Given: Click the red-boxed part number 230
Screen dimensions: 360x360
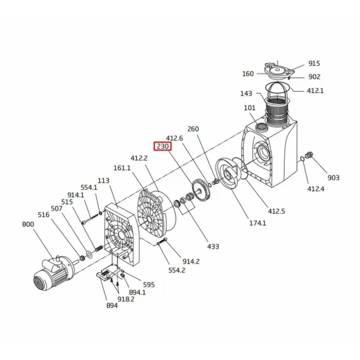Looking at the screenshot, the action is [162, 146].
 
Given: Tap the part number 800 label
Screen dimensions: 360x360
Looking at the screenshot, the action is [28, 224].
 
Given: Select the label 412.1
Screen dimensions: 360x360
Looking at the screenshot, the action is [315, 91].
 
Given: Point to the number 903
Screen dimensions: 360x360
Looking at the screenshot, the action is [333, 177].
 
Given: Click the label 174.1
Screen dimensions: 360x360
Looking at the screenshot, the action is [257, 223].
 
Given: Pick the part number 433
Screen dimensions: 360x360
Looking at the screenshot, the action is [213, 247].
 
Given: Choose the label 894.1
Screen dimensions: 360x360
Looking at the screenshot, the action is [137, 293].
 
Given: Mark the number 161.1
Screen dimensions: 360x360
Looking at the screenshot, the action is [122, 168].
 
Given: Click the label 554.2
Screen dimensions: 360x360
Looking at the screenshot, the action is [177, 270].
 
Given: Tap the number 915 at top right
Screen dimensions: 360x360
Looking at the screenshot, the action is [314, 63].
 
